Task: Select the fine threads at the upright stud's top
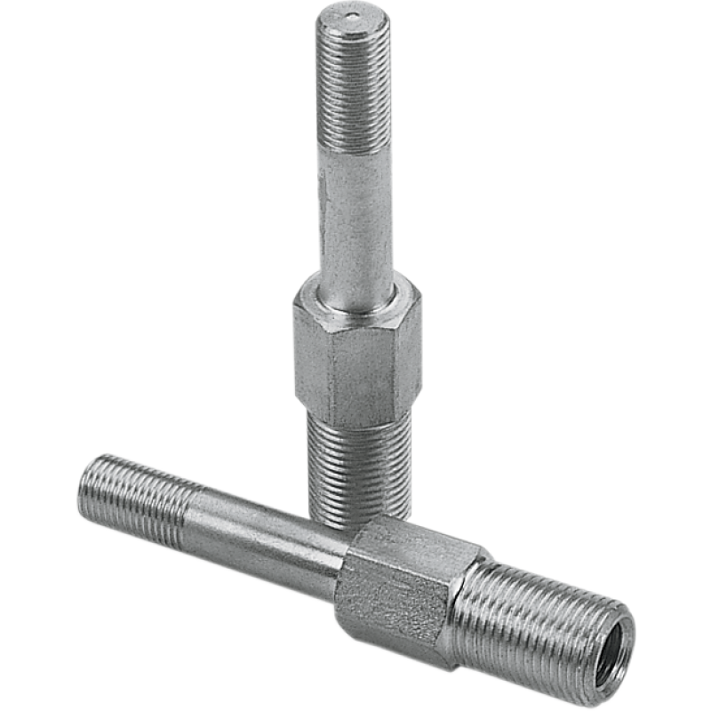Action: click(x=355, y=89)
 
